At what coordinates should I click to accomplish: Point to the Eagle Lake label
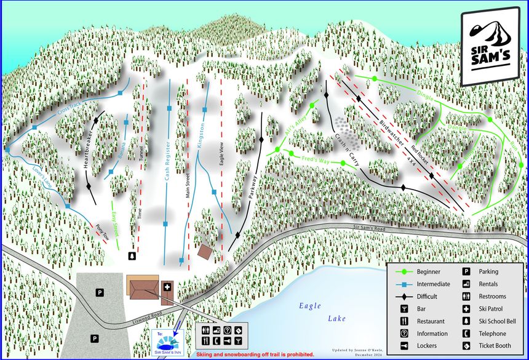click(320, 311)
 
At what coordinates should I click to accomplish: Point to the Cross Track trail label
click(71, 110)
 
